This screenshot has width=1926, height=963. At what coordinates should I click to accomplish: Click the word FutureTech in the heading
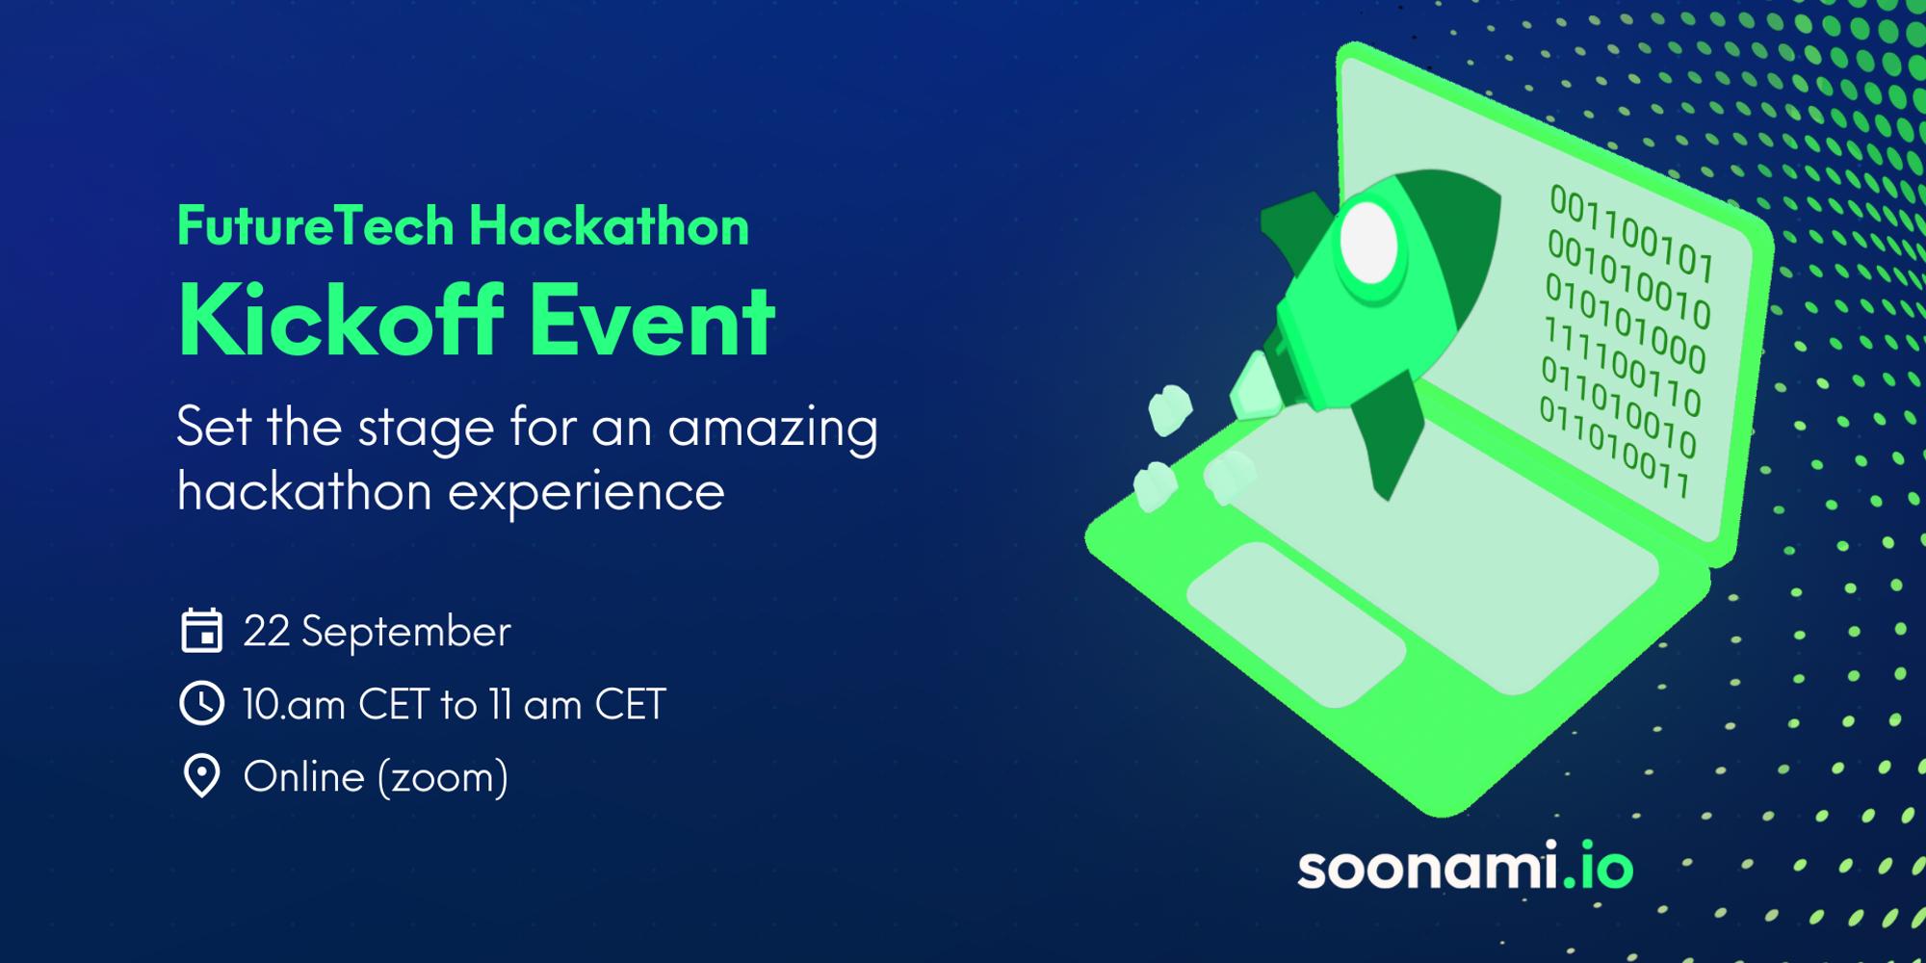pos(316,226)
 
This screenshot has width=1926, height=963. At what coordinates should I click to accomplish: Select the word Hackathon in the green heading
pos(609,226)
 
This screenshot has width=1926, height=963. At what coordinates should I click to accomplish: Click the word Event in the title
pos(653,322)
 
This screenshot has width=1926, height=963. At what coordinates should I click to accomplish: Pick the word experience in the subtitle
pos(586,492)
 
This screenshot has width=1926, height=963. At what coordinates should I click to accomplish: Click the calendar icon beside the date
pos(201,632)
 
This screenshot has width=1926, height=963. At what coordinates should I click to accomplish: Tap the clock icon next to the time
pos(201,704)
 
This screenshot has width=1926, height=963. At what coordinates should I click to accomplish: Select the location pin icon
pos(201,776)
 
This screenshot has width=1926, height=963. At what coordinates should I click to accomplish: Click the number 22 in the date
pos(267,632)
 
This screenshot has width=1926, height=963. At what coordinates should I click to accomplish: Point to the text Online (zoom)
pos(376,777)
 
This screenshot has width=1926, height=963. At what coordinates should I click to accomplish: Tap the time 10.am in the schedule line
pos(294,705)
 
